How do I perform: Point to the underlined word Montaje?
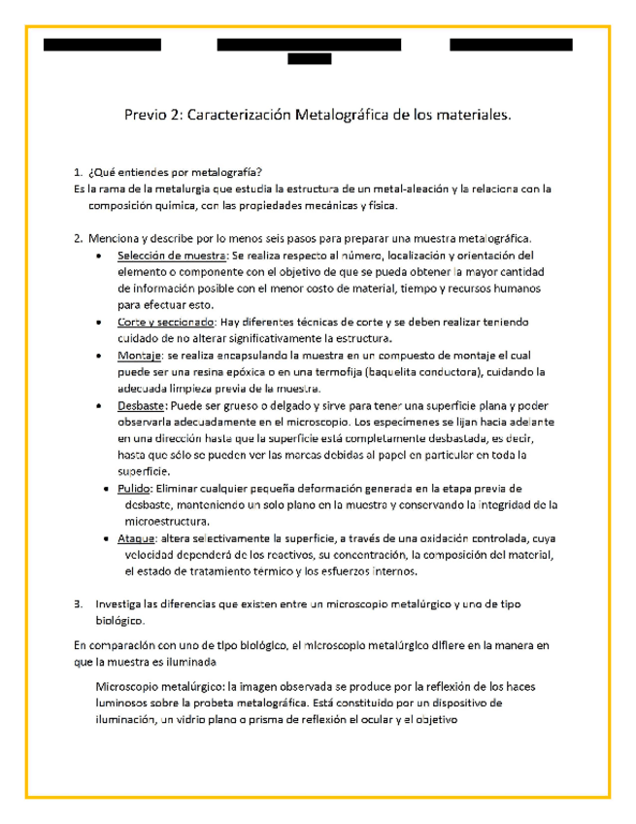click(142, 356)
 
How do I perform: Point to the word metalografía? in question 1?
click(227, 172)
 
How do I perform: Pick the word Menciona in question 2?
click(115, 239)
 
